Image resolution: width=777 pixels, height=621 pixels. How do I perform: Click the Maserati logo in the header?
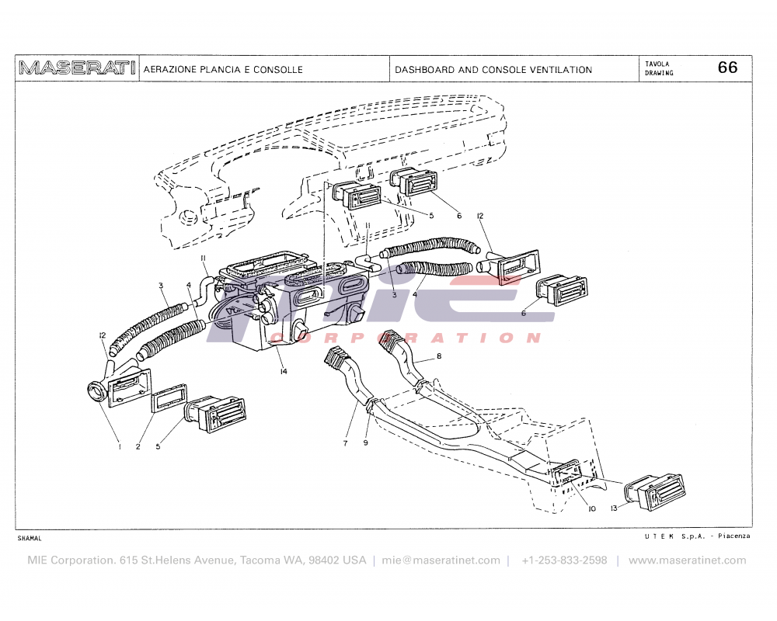(77, 68)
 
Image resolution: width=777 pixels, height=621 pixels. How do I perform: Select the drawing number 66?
(727, 68)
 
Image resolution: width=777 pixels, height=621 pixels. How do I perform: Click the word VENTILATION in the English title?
(560, 70)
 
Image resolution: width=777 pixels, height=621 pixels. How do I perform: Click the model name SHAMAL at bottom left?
(30, 538)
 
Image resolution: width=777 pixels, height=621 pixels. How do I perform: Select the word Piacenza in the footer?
(734, 536)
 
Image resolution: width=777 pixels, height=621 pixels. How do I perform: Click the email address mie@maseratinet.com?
(441, 560)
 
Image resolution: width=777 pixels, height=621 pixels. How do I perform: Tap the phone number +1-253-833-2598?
(564, 560)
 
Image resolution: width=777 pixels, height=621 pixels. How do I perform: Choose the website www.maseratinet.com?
(687, 560)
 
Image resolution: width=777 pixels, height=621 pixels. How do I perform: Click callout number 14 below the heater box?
(284, 372)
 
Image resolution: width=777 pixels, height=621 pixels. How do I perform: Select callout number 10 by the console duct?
(591, 509)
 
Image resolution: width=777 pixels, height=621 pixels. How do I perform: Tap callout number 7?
(344, 443)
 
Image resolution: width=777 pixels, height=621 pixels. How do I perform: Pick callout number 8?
(439, 356)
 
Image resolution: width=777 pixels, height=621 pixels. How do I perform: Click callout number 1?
(119, 446)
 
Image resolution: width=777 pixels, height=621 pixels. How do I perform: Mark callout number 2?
(138, 446)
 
